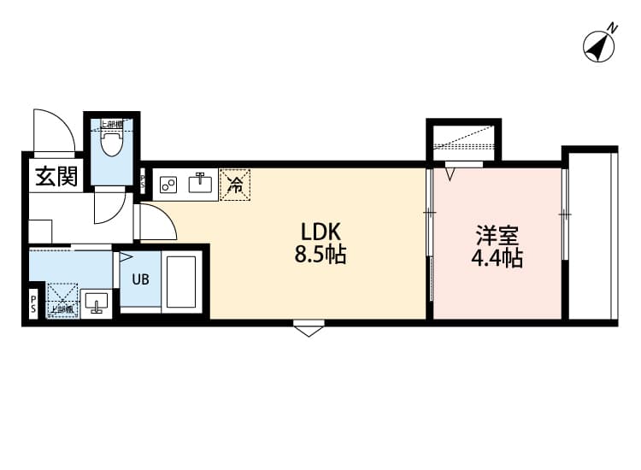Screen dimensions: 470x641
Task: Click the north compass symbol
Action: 601,44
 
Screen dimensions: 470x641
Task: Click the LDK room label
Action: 320,231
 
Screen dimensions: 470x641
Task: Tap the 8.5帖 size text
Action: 320,255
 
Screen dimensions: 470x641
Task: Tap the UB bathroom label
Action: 139,278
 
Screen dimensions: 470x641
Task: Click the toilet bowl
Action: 111,144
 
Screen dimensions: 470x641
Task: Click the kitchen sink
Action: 203,181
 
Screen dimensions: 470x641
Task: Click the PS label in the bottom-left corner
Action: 33,304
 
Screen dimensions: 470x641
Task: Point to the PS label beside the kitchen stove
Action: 144,179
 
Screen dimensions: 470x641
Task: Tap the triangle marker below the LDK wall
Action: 308,330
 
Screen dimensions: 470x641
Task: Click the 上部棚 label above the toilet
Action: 112,125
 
